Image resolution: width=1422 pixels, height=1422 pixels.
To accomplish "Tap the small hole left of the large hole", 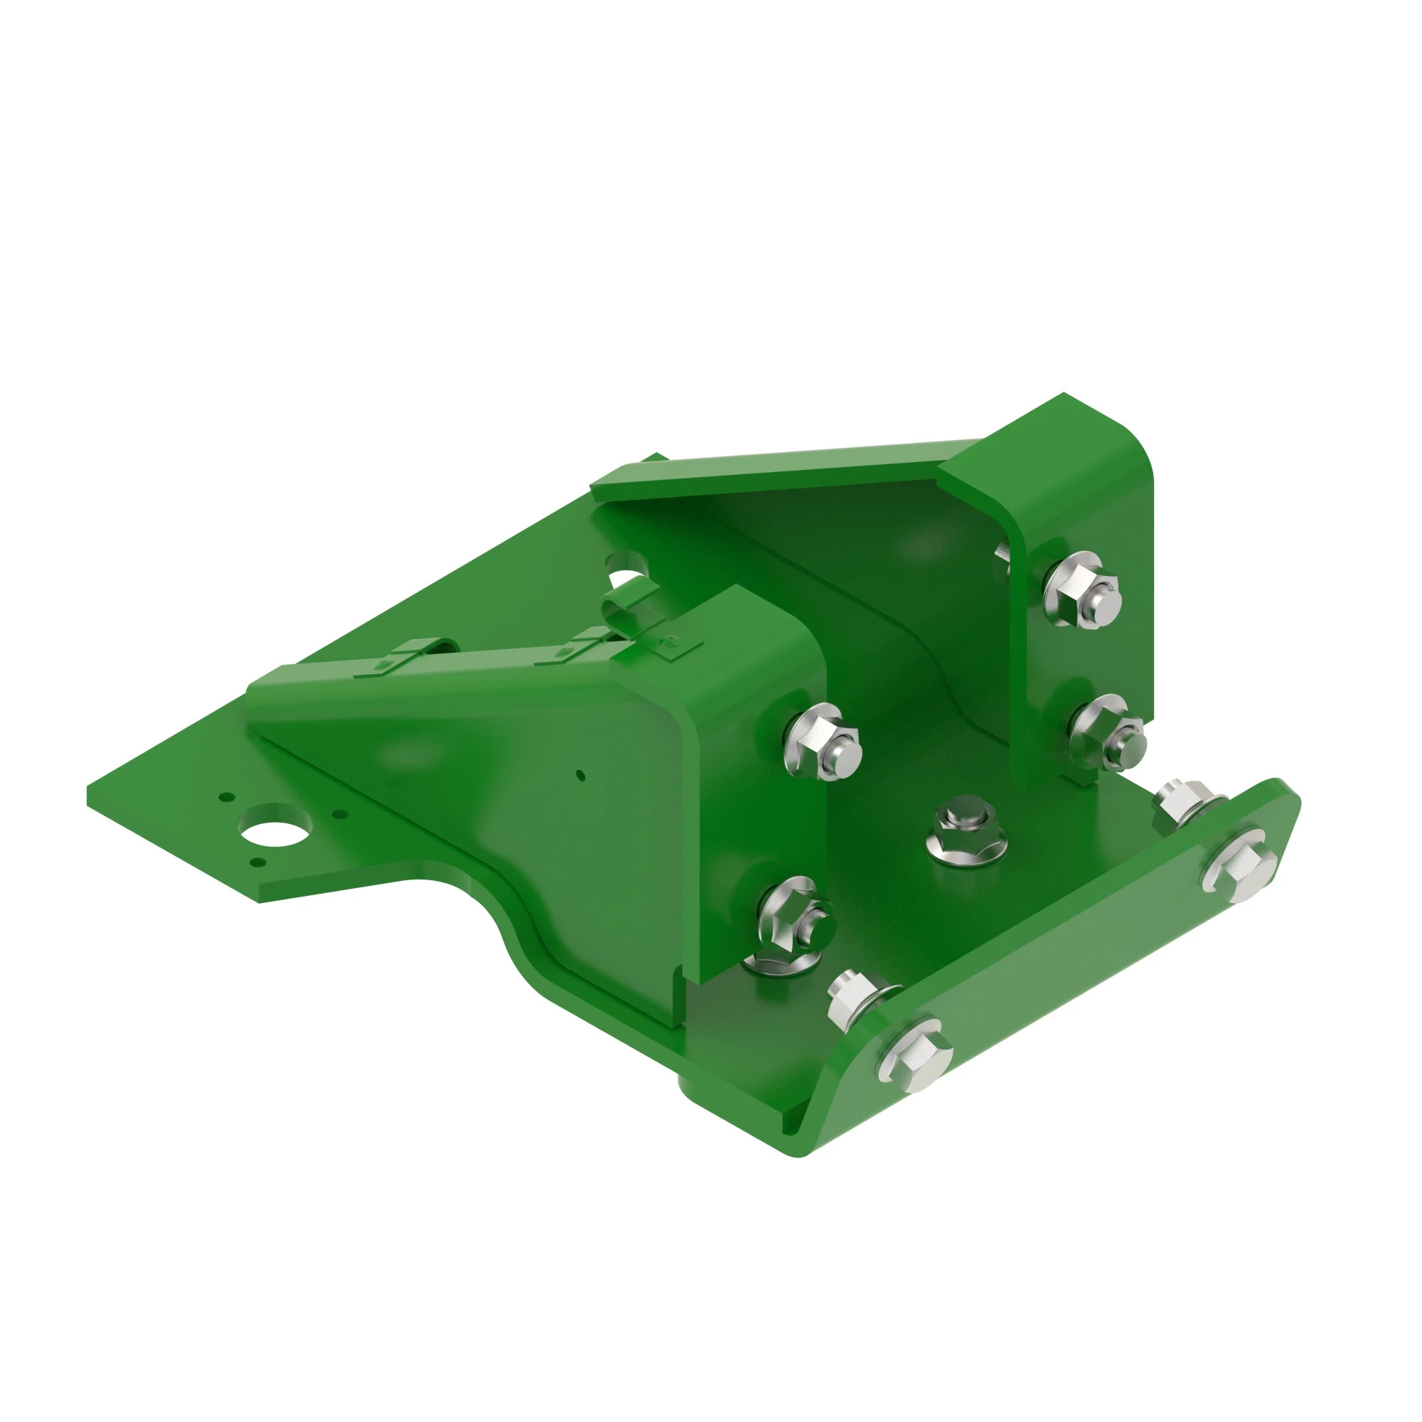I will [x=228, y=797].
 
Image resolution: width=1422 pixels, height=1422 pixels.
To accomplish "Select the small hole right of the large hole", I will [x=339, y=815].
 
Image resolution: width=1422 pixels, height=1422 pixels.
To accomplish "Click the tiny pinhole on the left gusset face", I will [x=580, y=775].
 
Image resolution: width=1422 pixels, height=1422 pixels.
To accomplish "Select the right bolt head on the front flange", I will [x=1239, y=861].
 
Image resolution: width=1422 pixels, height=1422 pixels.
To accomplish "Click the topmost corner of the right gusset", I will [x=1064, y=395].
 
